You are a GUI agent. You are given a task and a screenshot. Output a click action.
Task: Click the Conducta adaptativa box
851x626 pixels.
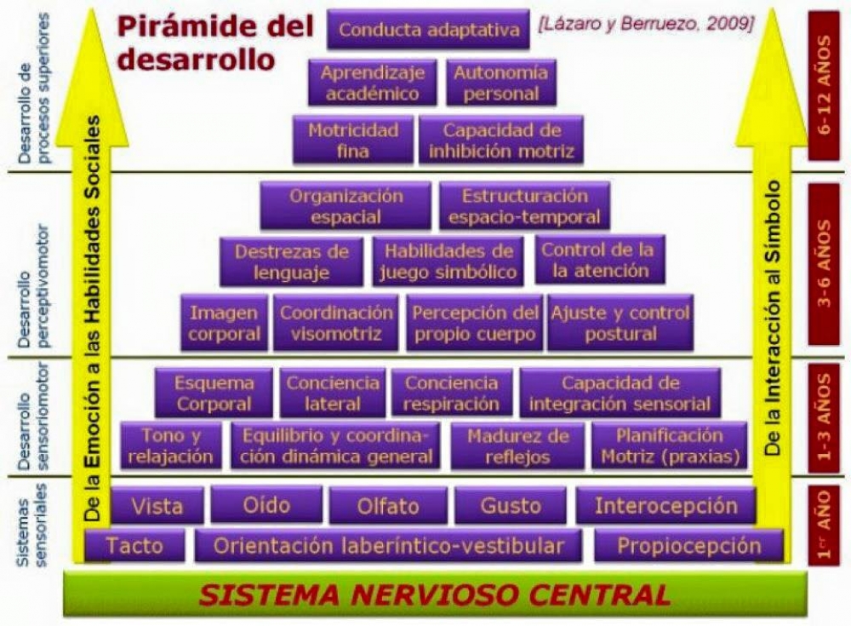coord(428,29)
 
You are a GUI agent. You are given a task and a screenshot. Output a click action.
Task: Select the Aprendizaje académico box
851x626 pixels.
coord(373,83)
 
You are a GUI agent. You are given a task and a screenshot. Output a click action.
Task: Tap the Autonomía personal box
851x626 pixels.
coord(501,83)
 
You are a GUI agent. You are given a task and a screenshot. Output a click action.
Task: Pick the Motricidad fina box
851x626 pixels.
coord(353,140)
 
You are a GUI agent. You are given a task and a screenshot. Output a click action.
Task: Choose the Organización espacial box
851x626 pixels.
coord(346,206)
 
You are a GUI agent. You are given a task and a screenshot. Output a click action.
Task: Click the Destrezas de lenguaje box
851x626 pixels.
coord(291,261)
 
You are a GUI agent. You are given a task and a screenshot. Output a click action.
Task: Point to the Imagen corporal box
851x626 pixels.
coord(224,323)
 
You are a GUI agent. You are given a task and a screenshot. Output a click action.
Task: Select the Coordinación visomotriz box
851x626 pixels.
coord(336,323)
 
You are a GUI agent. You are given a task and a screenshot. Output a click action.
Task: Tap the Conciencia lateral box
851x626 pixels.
coord(333,393)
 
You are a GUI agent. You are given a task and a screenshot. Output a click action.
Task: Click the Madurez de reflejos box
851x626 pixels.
coord(517,445)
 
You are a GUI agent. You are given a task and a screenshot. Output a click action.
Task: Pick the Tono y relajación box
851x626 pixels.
coord(171,445)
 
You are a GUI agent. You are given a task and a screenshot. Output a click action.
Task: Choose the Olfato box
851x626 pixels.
coord(389,505)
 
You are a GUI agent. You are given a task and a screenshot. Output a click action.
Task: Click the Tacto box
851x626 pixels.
coord(134,546)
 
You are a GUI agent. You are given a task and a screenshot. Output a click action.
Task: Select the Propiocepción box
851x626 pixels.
coord(688,546)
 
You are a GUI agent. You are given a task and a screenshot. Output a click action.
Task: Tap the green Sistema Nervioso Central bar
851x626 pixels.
coord(435,594)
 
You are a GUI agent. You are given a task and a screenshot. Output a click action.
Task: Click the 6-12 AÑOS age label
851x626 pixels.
coord(824,85)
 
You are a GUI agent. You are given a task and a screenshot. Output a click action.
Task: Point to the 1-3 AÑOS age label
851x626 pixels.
coord(824,417)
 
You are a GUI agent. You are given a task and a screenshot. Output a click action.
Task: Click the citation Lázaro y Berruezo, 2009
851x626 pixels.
coord(646,25)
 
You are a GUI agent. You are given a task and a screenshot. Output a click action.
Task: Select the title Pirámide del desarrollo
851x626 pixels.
coord(216,43)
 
